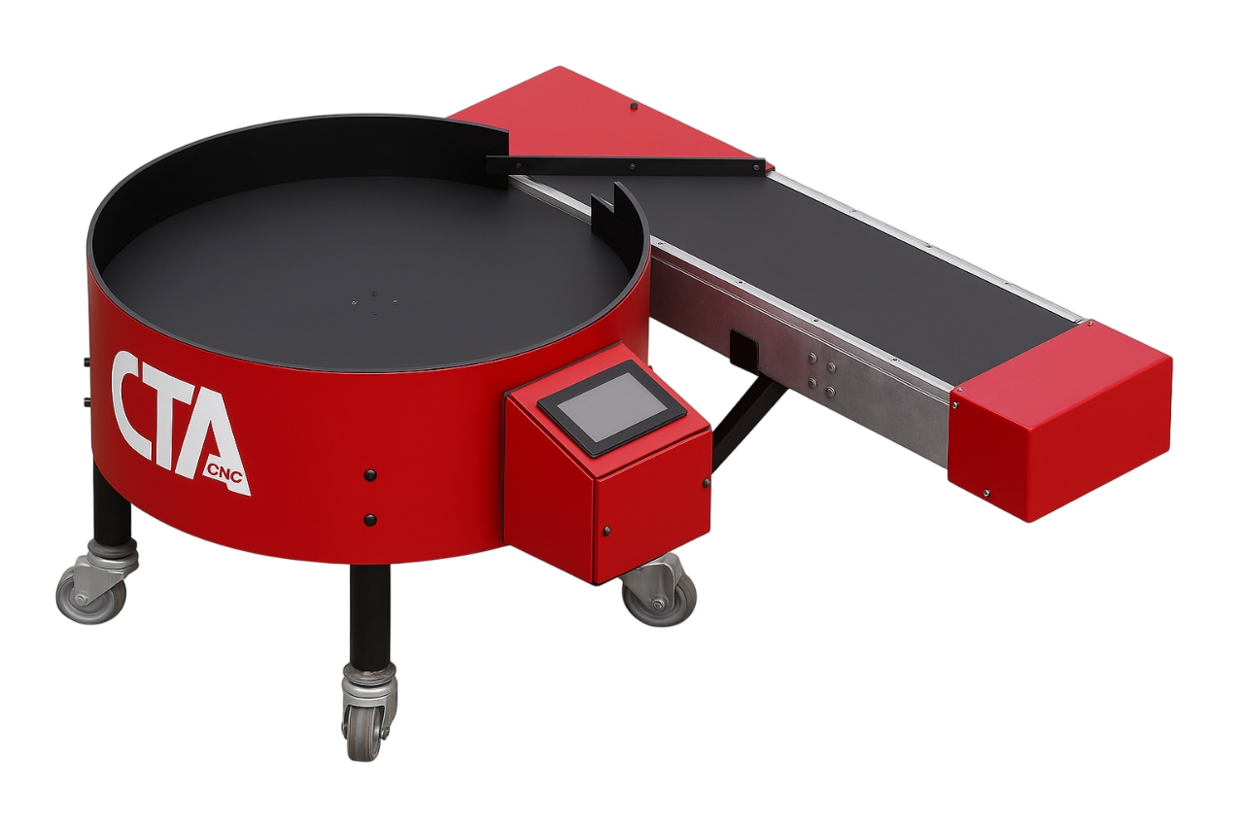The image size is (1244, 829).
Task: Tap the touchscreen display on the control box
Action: [611, 406]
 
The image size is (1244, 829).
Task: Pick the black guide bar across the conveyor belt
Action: [625, 165]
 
